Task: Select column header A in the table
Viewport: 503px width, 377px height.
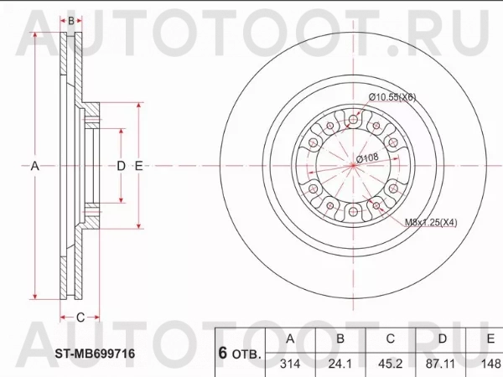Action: pyautogui.click(x=290, y=338)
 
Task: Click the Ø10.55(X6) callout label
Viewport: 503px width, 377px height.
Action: pyautogui.click(x=392, y=97)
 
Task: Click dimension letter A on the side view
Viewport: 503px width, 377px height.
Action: pyautogui.click(x=34, y=166)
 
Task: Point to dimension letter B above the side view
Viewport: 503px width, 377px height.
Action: pyautogui.click(x=72, y=20)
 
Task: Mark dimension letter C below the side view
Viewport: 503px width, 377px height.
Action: pyautogui.click(x=80, y=317)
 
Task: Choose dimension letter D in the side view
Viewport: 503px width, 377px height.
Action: pyautogui.click(x=122, y=166)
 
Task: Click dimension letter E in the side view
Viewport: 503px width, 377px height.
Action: pyautogui.click(x=138, y=166)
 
